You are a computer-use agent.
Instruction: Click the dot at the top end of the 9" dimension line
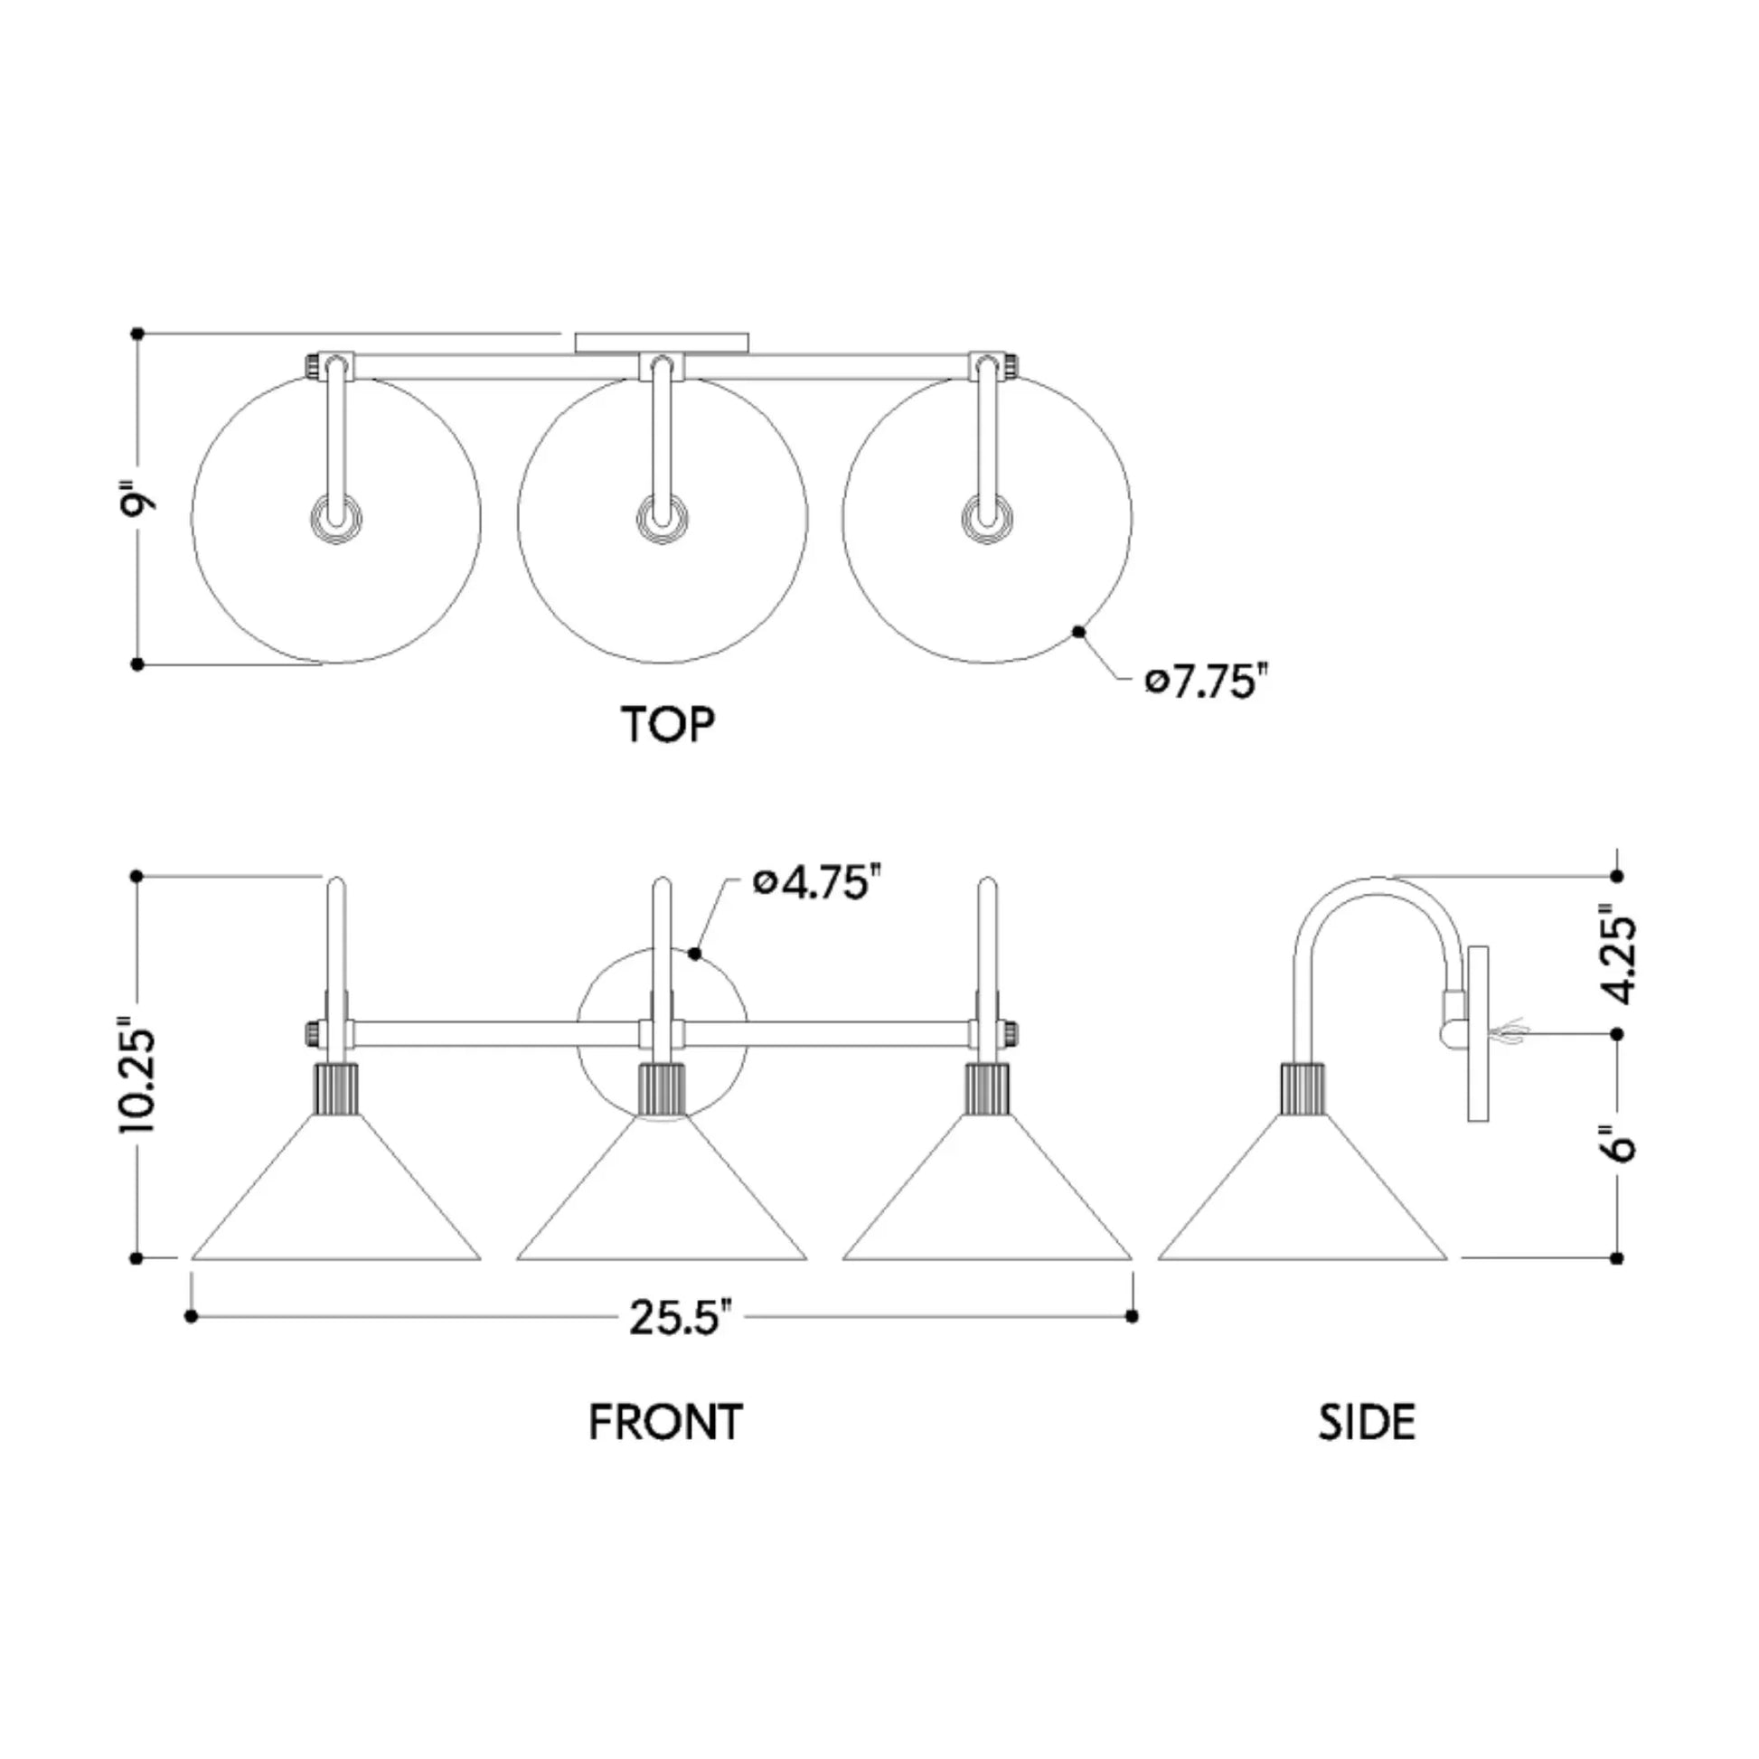137,334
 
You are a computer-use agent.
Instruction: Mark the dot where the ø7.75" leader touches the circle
1079,631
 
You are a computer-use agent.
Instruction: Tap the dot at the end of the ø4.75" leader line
695,954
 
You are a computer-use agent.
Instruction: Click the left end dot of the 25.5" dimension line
192,1315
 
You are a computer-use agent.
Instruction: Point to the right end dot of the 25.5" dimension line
1132,1315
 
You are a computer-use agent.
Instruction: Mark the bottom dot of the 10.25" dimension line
136,1258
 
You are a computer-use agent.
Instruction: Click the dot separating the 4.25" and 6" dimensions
1617,1034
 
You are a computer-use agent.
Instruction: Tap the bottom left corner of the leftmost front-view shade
193,1259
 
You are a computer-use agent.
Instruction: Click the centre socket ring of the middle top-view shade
662,519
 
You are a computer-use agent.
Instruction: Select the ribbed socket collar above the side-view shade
1303,1088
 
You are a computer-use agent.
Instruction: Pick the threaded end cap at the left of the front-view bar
312,1033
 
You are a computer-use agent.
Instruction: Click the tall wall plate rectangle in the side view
1479,1033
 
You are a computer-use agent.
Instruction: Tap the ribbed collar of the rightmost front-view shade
988,1088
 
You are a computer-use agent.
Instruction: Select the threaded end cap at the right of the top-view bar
1009,366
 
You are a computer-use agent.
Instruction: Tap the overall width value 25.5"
681,1316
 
